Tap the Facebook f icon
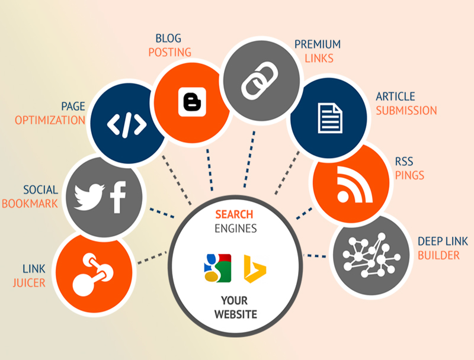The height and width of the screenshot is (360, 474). [x=118, y=198]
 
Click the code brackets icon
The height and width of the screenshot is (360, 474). [x=126, y=125]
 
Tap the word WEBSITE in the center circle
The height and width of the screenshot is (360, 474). [x=235, y=314]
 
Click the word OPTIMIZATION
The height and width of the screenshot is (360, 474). [x=50, y=120]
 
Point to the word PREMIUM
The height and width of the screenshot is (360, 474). [x=318, y=44]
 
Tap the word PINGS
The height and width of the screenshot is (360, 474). [x=409, y=175]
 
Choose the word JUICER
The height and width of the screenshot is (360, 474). [x=29, y=282]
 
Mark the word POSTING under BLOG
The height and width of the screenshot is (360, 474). [x=169, y=52]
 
